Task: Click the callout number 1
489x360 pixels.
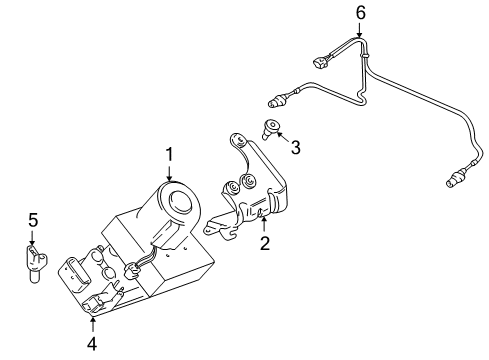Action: pos(170,155)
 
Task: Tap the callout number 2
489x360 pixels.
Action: pos(265,243)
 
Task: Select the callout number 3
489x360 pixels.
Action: pos(295,147)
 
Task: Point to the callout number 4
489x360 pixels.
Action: pos(92,343)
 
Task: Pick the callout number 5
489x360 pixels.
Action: pos(33,220)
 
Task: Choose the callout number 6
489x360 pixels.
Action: pos(361,13)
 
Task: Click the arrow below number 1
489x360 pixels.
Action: pos(170,173)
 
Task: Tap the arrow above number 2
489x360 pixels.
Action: pos(264,224)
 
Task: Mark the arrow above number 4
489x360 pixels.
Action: pos(92,325)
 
